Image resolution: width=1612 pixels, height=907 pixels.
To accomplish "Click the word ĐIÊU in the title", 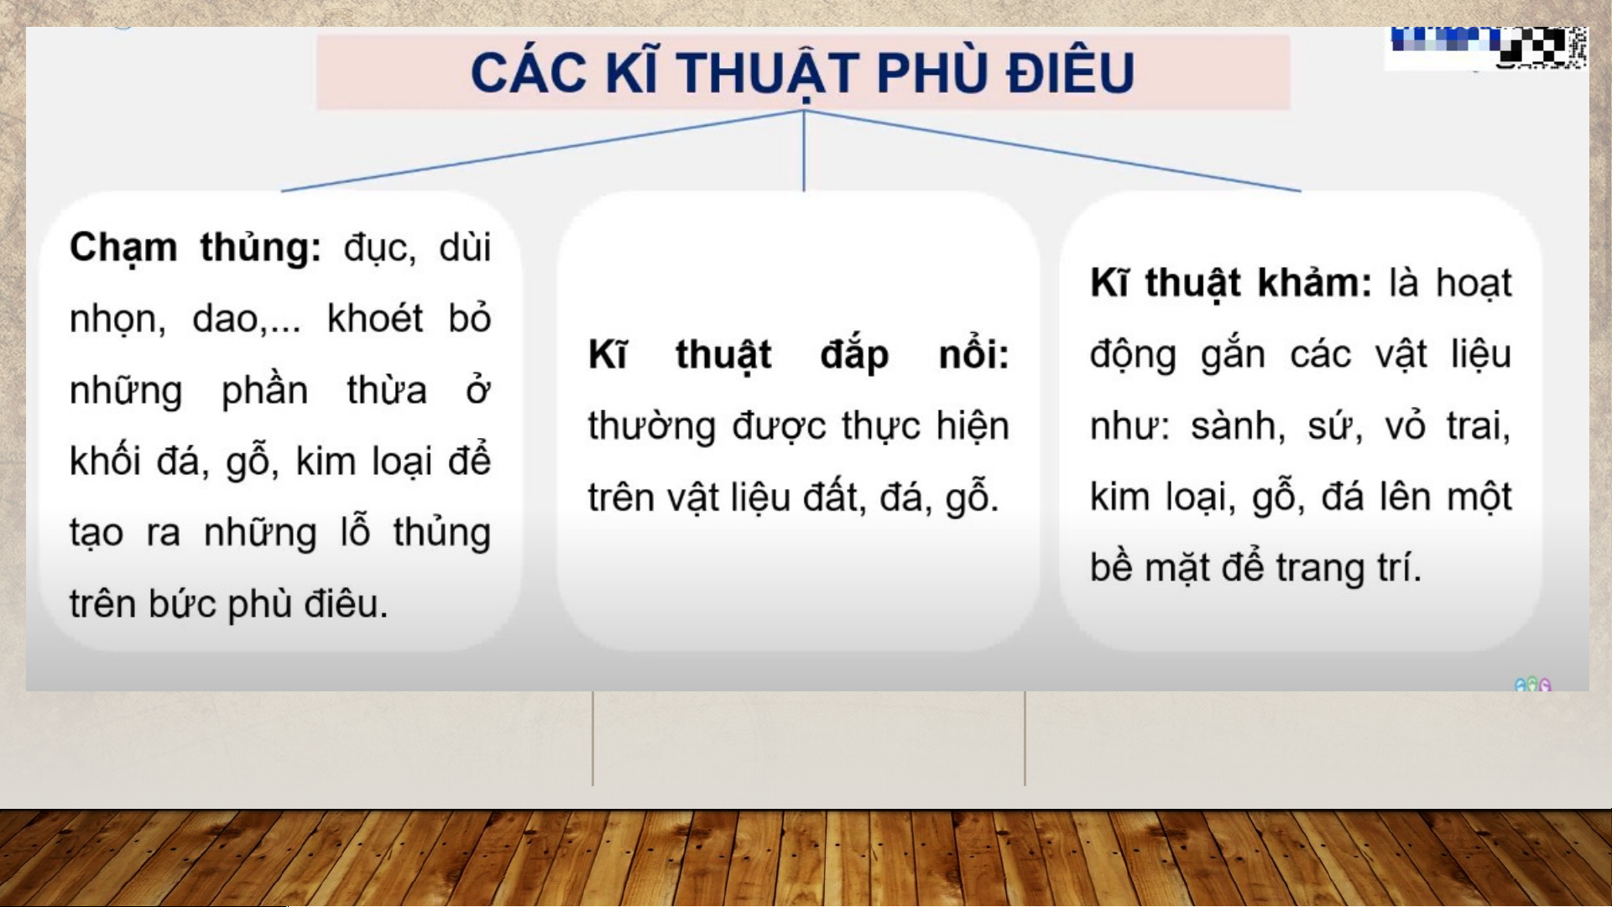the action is click(1071, 73).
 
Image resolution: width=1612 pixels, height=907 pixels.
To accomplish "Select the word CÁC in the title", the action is click(529, 72).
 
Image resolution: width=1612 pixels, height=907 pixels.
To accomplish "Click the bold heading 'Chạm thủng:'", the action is click(196, 248).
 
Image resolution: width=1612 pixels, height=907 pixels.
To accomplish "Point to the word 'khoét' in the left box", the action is click(375, 319).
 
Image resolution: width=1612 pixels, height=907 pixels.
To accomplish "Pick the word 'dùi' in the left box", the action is click(465, 248).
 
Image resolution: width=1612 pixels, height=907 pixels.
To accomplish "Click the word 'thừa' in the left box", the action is click(387, 390).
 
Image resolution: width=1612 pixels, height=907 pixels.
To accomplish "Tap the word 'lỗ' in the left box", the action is click(355, 532).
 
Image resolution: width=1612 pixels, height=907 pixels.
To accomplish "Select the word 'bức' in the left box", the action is click(182, 603).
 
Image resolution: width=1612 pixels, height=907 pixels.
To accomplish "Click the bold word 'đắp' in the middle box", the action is click(854, 355).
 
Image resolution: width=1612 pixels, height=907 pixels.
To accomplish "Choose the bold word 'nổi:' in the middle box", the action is click(973, 354).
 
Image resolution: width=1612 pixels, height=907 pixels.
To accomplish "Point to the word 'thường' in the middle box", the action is click(651, 426).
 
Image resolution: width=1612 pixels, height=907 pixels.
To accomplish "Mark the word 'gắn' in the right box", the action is click(1233, 355).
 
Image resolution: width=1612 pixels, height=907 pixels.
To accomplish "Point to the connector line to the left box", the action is click(542, 151).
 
